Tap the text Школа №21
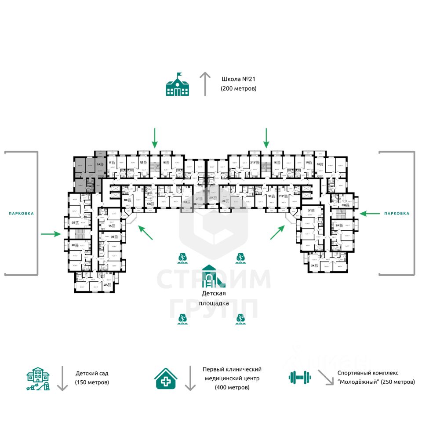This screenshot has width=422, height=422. pyautogui.click(x=238, y=80)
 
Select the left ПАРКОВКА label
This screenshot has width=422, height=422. pyautogui.click(x=21, y=213)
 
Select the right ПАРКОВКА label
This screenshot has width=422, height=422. pyautogui.click(x=397, y=213)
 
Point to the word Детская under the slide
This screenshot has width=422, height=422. pyautogui.click(x=214, y=293)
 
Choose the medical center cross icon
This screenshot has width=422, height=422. pyautogui.click(x=167, y=378)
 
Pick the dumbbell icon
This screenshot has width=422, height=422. pyautogui.click(x=299, y=377)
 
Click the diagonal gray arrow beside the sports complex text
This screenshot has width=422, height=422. pyautogui.click(x=325, y=377)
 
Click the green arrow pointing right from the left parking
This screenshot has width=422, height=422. pyautogui.click(x=51, y=234)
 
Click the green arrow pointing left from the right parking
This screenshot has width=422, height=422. pyautogui.click(x=369, y=213)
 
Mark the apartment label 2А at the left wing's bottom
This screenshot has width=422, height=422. pyautogui.click(x=105, y=284)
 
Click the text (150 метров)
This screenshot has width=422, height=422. pyautogui.click(x=92, y=382)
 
